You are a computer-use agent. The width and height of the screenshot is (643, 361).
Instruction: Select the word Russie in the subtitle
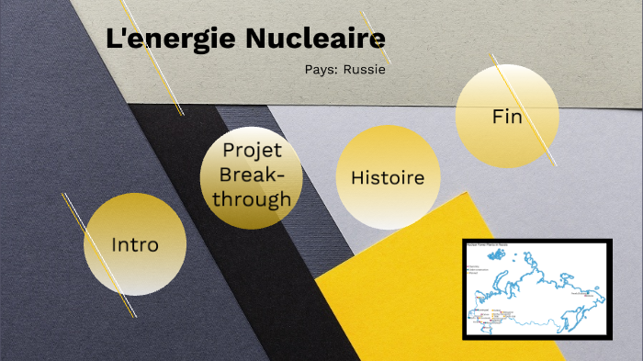(365, 69)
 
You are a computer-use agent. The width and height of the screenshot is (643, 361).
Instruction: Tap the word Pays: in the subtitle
(321, 69)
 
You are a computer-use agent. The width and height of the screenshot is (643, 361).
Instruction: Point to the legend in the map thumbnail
(478, 268)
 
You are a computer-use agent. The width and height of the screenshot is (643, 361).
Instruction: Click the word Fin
(507, 118)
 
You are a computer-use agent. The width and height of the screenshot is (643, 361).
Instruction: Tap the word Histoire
(388, 177)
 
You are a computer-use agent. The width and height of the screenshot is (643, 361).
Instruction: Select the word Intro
(135, 245)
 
